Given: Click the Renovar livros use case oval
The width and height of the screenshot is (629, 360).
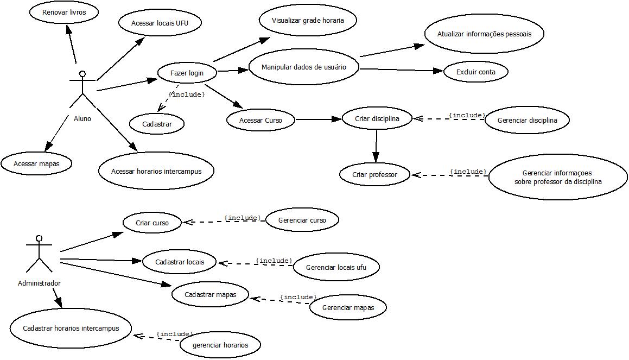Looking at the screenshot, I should click(63, 12).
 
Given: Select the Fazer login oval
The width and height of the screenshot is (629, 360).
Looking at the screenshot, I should click(187, 73).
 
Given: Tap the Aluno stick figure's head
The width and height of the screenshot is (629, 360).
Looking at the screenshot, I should click(82, 73).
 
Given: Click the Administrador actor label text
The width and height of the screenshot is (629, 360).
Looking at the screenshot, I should click(39, 283).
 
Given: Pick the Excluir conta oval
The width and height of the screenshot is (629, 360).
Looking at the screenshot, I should click(475, 72).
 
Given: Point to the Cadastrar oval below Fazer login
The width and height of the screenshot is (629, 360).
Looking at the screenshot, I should click(157, 124).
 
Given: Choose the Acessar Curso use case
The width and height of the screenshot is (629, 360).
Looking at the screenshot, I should click(261, 120).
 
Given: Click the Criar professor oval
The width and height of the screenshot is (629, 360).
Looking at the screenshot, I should click(375, 174).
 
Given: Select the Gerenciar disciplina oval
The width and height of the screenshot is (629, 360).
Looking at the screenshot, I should click(527, 120).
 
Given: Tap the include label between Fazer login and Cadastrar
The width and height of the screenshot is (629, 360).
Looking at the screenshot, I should click(187, 94).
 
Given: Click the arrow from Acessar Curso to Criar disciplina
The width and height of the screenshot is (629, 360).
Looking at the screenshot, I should click(318, 119).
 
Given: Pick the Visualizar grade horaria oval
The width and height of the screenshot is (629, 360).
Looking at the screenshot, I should click(308, 21).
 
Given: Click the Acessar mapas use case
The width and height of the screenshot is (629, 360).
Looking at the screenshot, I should click(36, 163).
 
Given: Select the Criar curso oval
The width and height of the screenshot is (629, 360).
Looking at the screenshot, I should click(152, 223).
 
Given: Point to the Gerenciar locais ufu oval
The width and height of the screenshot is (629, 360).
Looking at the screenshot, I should click(336, 267).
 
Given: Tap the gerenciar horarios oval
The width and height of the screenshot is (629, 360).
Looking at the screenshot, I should click(220, 345).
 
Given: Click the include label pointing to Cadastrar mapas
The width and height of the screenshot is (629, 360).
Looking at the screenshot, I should click(297, 297).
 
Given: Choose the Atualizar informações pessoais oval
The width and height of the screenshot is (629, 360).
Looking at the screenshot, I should click(484, 34).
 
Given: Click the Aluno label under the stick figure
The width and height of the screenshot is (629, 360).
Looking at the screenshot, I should click(82, 118).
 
